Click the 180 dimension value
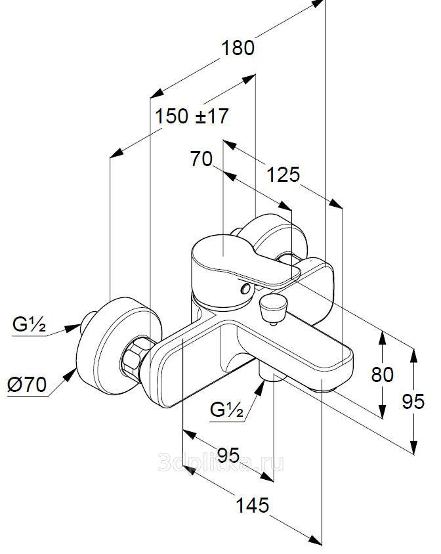click(237, 48)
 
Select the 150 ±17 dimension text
click(192, 117)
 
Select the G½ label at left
click(29, 324)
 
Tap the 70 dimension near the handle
click(201, 158)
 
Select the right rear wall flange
click(272, 237)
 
